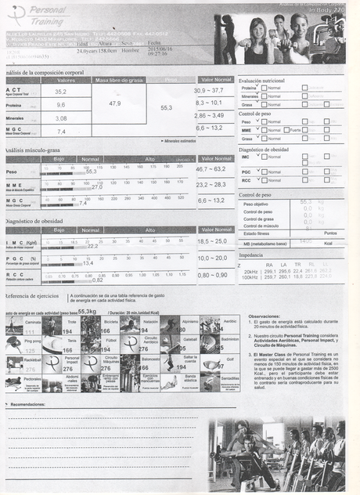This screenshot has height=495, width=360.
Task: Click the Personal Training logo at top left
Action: [x=39, y=14]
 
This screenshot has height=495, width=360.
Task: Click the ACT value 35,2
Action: [x=60, y=92]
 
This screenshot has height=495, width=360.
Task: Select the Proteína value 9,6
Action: [x=60, y=104]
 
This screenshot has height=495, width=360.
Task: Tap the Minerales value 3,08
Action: [x=60, y=117]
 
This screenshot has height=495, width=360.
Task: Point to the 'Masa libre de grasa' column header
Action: [x=119, y=80]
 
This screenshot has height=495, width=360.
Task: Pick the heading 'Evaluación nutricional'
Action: [x=261, y=80]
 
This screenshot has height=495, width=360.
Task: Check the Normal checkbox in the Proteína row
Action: [x=265, y=88]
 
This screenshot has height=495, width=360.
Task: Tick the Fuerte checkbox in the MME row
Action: [x=286, y=130]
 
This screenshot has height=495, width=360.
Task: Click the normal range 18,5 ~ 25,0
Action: [x=212, y=241]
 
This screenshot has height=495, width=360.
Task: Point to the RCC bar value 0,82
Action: [x=98, y=280]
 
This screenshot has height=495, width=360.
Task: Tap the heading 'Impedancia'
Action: [x=250, y=255]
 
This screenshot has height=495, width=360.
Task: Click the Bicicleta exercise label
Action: [x=110, y=321]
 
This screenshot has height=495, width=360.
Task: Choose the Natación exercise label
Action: [x=150, y=321]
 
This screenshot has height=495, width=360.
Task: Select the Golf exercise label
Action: [x=230, y=360]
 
